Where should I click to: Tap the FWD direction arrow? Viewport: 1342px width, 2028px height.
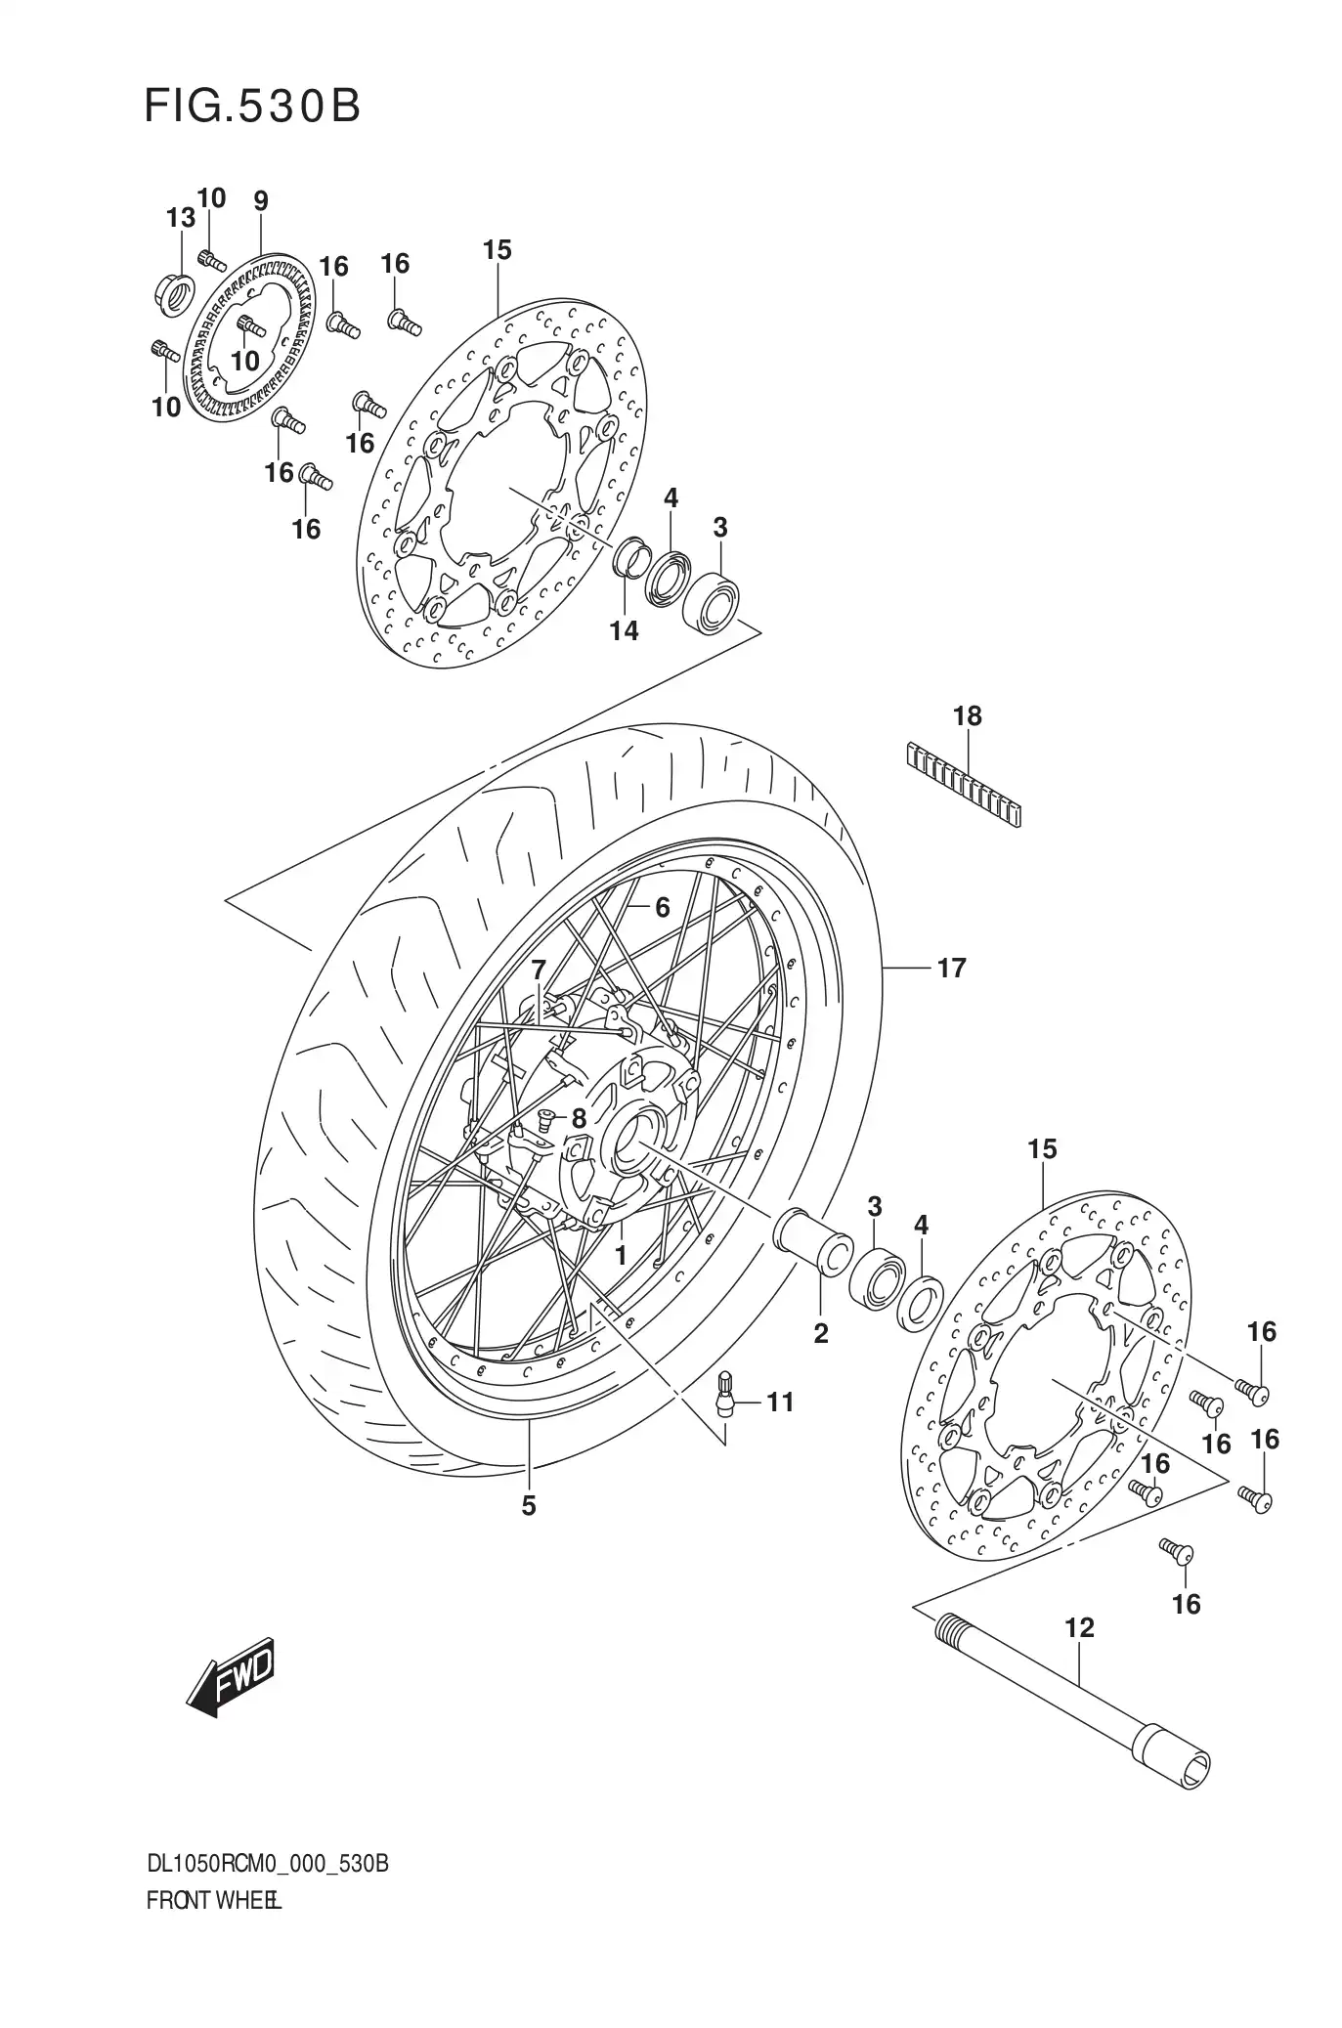pos(231,1677)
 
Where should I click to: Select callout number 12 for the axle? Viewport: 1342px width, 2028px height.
pos(1079,1628)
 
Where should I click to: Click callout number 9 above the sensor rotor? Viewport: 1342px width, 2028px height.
pos(260,201)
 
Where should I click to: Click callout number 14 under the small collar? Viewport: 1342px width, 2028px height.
pos(624,630)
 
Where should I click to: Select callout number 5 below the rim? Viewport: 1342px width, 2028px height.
pos(528,1506)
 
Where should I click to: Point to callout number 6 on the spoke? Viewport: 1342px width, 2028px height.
pos(662,908)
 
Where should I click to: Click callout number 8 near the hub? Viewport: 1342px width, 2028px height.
pos(578,1118)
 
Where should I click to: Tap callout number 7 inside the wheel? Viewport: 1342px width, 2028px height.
pos(538,971)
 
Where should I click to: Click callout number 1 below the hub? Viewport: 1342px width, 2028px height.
pos(619,1254)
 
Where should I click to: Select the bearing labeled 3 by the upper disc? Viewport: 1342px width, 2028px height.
pos(714,598)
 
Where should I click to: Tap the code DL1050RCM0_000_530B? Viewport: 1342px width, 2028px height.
pos(267,1864)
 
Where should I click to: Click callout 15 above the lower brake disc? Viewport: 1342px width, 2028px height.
pos(1042,1149)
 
